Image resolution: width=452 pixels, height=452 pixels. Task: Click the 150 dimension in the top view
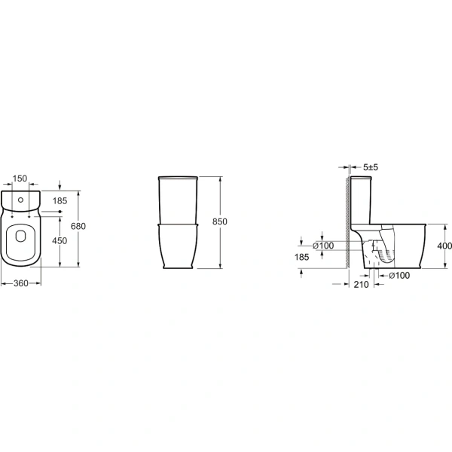[x=20, y=179]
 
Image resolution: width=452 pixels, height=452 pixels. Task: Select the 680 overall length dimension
[x=78, y=226]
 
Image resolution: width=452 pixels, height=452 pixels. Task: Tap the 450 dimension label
[x=60, y=241]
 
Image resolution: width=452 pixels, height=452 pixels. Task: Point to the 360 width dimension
[x=21, y=283]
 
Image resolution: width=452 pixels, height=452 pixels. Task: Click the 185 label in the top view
[x=60, y=201]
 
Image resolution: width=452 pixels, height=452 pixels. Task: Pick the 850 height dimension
[x=220, y=221]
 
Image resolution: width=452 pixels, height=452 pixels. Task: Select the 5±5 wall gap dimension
[x=371, y=167]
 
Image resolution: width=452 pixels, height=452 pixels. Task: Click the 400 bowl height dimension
[x=444, y=246]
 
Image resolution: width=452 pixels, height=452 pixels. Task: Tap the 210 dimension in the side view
[x=361, y=285]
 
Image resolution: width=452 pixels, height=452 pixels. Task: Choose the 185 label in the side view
[x=301, y=257]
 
